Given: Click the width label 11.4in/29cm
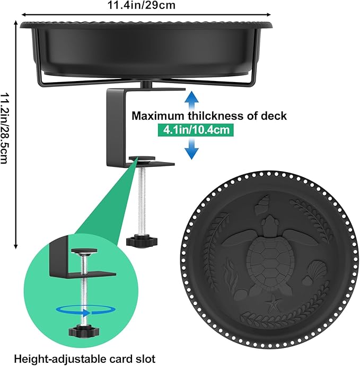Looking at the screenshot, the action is [142, 5].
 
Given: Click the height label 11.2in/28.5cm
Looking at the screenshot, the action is [4, 128].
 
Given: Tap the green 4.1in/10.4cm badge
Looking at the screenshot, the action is [196, 129].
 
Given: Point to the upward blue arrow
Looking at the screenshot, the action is [192, 101].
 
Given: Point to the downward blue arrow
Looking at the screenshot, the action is [192, 149].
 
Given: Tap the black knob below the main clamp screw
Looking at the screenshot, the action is [142, 242].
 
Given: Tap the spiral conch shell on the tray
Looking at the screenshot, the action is [262, 204].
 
